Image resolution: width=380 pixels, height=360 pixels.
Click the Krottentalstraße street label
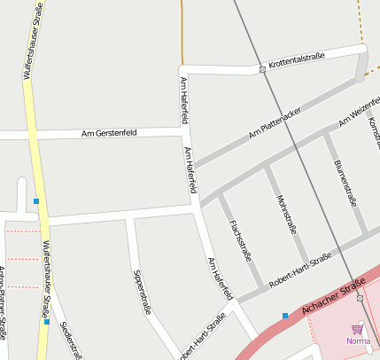(297, 59)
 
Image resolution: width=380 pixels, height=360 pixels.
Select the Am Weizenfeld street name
(360, 114)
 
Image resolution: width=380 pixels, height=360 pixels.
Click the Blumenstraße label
(345, 183)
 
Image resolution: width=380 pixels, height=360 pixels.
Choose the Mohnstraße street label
(286, 214)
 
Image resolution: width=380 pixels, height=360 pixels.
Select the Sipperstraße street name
(142, 292)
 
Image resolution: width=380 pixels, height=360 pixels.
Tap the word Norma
(358, 340)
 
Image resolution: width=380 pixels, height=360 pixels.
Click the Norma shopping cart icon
(358, 328)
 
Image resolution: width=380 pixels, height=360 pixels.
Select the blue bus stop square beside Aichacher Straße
(285, 316)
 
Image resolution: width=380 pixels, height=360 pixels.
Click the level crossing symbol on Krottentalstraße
(262, 68)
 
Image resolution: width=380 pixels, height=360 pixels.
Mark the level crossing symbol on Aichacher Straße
(360, 298)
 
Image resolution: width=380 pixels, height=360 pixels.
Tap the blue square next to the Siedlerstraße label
(46, 323)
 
